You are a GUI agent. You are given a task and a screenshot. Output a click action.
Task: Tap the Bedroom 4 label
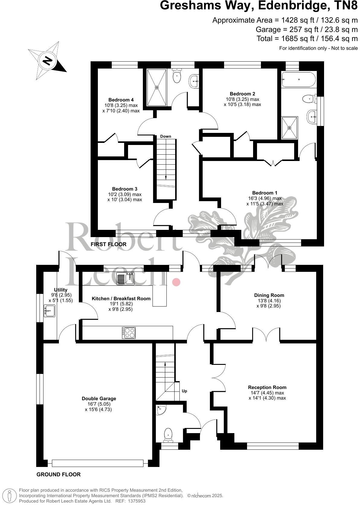pos(121,100)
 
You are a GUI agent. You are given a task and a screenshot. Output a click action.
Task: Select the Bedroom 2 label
pos(240,94)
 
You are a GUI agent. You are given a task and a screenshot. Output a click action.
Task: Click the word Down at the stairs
pos(166,137)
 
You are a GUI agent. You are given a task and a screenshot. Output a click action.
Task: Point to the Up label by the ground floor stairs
pos(185,391)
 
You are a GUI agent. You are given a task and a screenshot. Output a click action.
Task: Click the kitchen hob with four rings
pos(129,333)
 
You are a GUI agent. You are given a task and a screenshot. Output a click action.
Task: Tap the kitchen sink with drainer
pos(126,278)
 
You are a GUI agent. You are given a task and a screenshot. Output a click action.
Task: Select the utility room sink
pos(49,311)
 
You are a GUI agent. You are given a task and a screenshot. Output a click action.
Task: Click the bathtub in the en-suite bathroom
pos(298,79)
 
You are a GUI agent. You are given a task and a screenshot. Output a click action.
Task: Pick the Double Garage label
pos(99,398)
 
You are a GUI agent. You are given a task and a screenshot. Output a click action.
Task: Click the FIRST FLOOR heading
pos(108,244)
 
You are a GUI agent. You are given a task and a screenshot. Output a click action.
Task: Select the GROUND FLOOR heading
pos(59,474)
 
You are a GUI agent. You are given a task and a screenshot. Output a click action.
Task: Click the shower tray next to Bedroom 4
pos(156,88)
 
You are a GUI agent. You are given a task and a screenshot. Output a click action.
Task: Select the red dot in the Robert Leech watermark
pos(176,282)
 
